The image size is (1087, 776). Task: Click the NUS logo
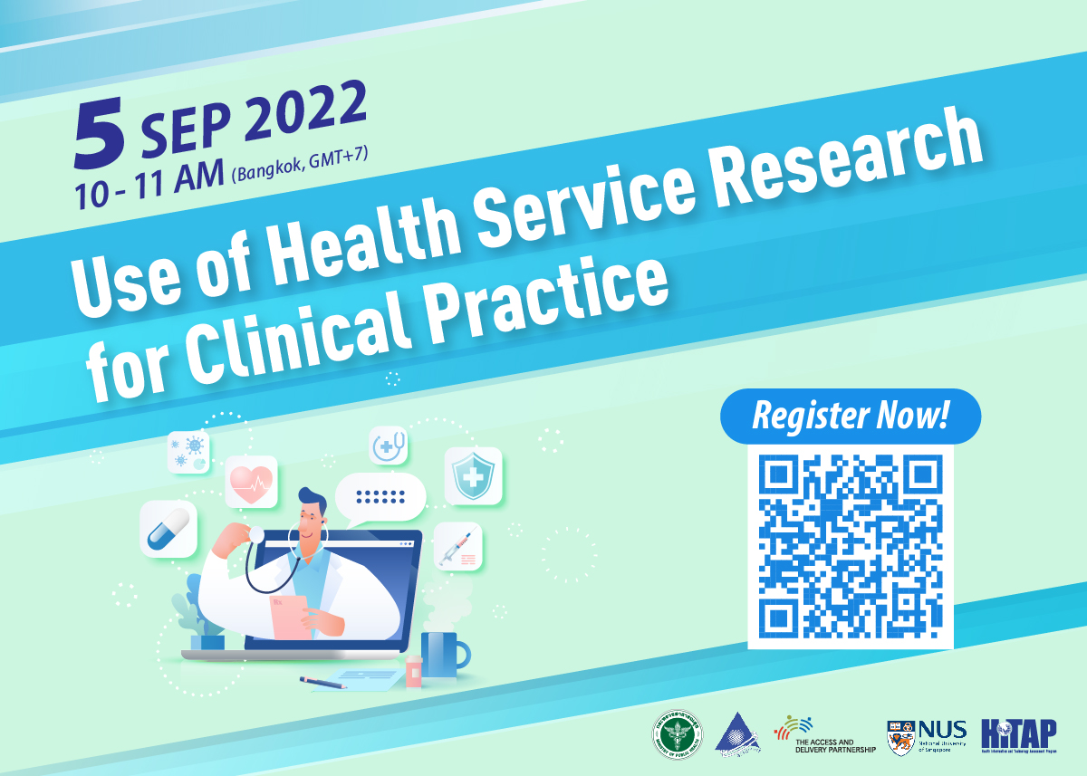[926, 735]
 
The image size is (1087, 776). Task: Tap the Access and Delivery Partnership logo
[824, 735]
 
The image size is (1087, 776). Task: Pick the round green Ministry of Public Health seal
[673, 735]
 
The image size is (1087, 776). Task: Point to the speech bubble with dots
[380, 497]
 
